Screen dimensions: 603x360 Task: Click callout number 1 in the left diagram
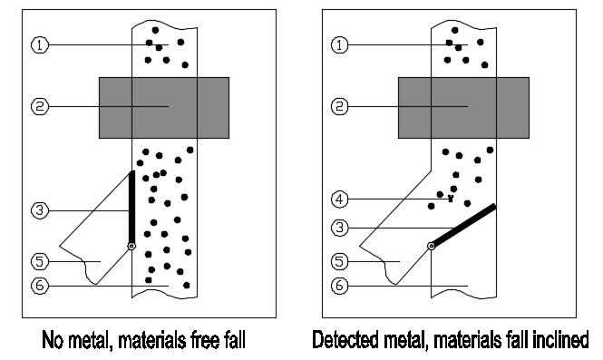click(40, 45)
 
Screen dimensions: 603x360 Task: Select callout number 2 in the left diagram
click(40, 106)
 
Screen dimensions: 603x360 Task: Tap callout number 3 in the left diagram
click(40, 210)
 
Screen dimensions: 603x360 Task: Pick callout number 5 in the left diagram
click(40, 261)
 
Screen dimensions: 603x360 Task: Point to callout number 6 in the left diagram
click(40, 286)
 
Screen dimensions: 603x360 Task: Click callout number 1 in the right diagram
click(339, 45)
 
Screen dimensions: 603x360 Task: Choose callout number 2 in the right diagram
click(339, 106)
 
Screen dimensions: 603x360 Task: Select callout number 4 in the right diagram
click(339, 199)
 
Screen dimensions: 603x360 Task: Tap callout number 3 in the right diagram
click(339, 228)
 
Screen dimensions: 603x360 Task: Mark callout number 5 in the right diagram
click(339, 261)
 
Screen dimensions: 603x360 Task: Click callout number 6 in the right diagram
click(339, 286)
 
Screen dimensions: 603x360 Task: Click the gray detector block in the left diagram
click(164, 108)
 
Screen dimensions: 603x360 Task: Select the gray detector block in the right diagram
click(463, 108)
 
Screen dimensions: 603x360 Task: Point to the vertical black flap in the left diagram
click(131, 207)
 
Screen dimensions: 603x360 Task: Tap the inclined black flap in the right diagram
click(463, 226)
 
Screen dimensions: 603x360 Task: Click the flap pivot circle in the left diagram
click(131, 246)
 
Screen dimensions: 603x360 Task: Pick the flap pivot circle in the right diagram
click(432, 246)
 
